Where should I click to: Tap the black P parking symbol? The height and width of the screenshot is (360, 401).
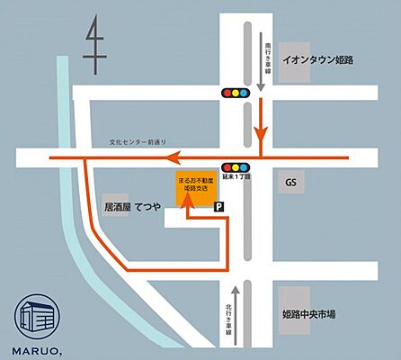click(221, 207)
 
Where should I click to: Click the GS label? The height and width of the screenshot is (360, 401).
click(290, 183)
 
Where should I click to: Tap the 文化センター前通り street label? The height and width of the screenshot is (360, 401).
click(138, 141)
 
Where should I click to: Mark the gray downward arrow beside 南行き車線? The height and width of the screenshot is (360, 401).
click(261, 85)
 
